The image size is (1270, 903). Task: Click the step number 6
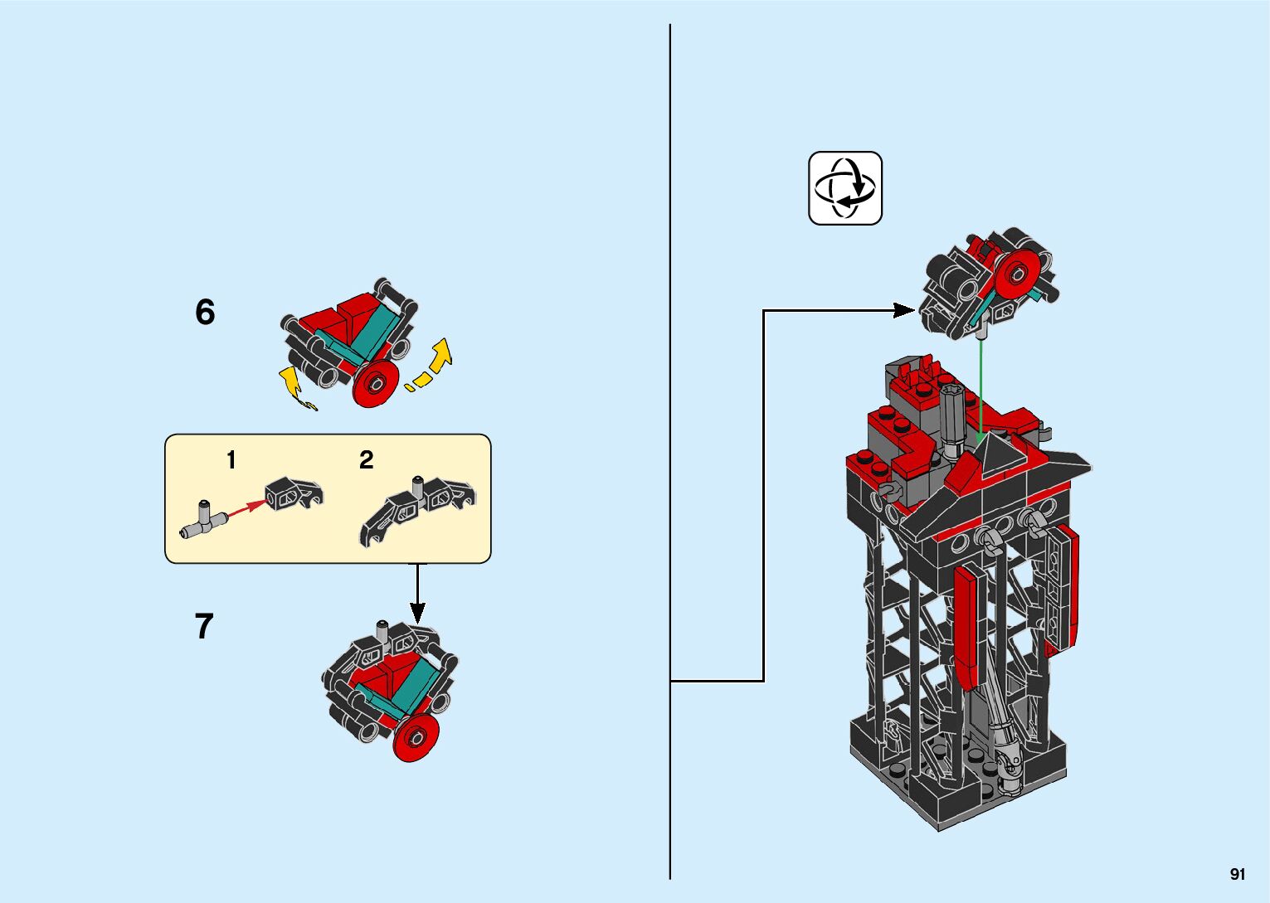205,313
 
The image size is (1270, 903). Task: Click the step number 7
204,626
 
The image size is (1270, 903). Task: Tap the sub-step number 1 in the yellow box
231,460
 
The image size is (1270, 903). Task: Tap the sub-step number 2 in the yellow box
366,460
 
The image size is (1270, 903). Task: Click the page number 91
1238,874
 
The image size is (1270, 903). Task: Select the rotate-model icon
845,188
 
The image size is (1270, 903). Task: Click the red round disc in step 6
376,385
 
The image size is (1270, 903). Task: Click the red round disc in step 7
416,737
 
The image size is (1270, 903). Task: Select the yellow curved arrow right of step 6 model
434,362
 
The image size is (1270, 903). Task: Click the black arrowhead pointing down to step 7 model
417,613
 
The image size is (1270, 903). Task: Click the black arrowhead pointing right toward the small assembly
904,311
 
